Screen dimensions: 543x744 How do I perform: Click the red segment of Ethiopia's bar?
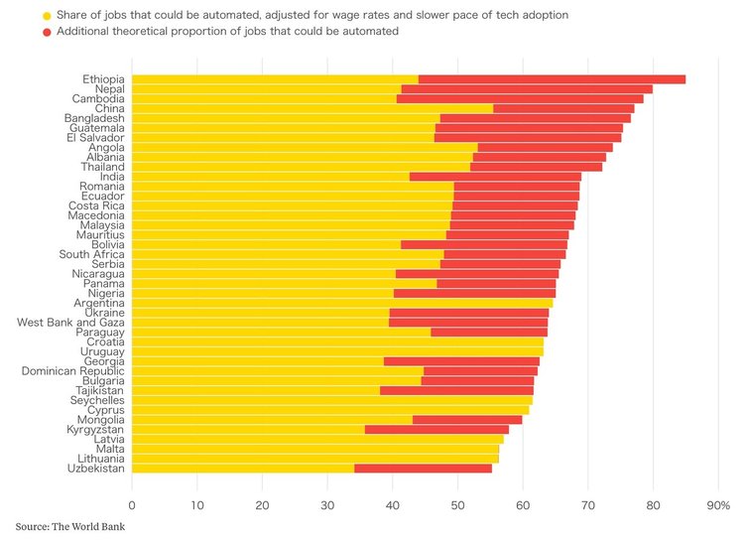click(x=552, y=79)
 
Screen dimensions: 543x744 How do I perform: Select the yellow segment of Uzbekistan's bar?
click(x=243, y=469)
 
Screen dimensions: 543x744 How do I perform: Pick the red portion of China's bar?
click(x=563, y=108)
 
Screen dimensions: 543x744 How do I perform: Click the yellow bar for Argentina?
click(x=342, y=303)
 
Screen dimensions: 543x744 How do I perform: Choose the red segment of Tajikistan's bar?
click(x=456, y=391)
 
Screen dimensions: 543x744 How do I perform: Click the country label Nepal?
click(x=104, y=89)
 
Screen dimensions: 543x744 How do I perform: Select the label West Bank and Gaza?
click(x=71, y=323)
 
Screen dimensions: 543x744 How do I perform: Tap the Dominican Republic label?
click(x=73, y=371)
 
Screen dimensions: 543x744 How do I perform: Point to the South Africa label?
click(x=91, y=254)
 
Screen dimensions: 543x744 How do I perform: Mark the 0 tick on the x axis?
click(x=132, y=506)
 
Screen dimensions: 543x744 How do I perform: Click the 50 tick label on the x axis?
click(x=458, y=506)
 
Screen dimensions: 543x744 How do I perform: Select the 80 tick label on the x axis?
click(x=653, y=506)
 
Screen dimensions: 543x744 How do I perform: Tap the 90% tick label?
click(x=717, y=506)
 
